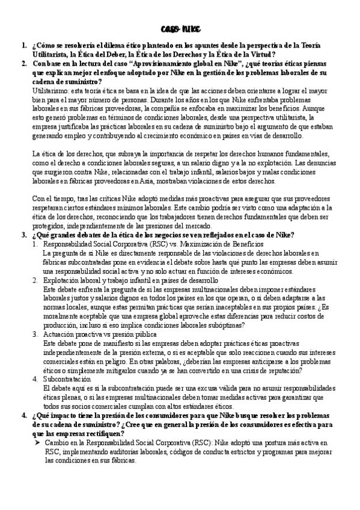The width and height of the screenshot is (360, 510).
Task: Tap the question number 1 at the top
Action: (23, 45)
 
